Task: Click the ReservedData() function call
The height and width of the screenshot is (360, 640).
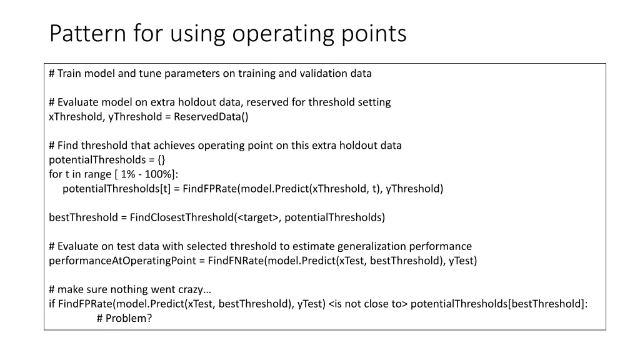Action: pyautogui.click(x=211, y=117)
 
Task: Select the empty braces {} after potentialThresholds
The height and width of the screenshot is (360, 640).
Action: pyautogui.click(x=162, y=160)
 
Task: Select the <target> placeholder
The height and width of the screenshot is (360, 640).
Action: pyautogui.click(x=257, y=217)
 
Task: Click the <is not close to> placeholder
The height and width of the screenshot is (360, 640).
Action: pyautogui.click(x=367, y=304)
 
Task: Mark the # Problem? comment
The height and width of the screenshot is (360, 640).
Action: pyautogui.click(x=125, y=318)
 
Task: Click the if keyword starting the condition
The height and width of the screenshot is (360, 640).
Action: pyautogui.click(x=52, y=304)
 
